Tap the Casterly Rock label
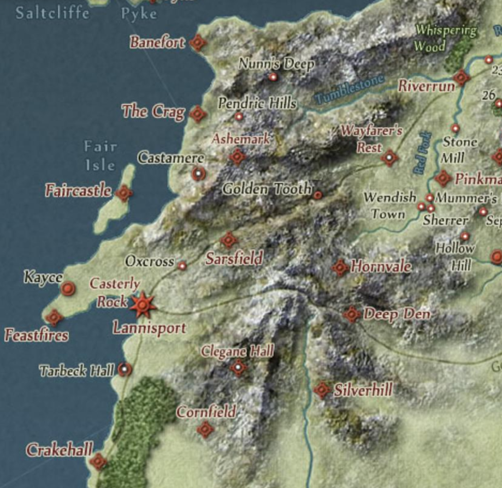pos(114,293)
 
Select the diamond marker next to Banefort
pos(198,42)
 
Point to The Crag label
pos(153,111)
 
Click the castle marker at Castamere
pos(198,174)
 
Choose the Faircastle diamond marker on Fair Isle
pos(125,193)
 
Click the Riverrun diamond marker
pos(462,78)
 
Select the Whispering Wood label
pos(445,38)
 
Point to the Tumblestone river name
pos(350,90)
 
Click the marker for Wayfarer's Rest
pos(389,158)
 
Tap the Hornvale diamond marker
pos(340,267)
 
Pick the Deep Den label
pos(397,314)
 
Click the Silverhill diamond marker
pos(322,390)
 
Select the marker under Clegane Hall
pos(238,368)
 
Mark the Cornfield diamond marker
pos(205,430)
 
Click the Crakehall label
pos(60,450)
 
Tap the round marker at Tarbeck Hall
pos(125,370)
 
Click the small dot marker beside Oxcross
pos(182,266)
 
